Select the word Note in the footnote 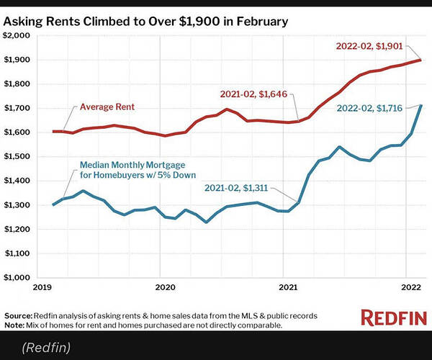point(14,325)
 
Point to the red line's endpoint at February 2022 point(420,60)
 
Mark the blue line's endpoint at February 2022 point(420,106)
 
